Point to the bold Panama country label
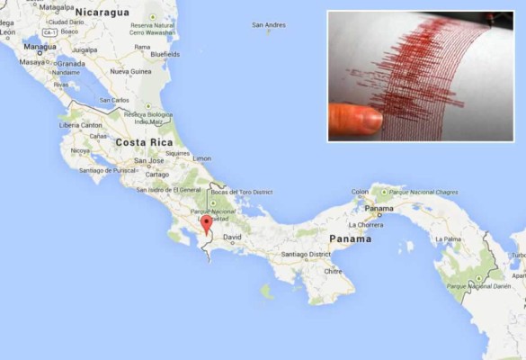350,239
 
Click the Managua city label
40,46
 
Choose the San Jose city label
148,161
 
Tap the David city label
232,238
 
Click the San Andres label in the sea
269,25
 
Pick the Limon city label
202,158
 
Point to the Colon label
360,191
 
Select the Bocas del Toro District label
241,192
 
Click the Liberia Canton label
81,124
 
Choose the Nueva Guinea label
131,70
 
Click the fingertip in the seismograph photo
353,118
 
